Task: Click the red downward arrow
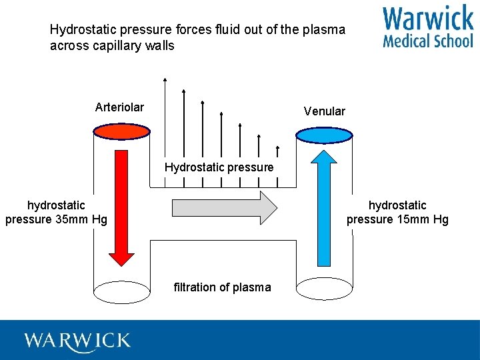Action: pyautogui.click(x=121, y=207)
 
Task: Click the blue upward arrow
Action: pyautogui.click(x=325, y=207)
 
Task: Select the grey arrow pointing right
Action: pyautogui.click(x=224, y=207)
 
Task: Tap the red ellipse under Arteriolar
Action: pyautogui.click(x=121, y=132)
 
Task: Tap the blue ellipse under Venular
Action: pyautogui.click(x=324, y=135)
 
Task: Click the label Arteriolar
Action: pyautogui.click(x=119, y=107)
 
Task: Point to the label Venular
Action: pyautogui.click(x=325, y=111)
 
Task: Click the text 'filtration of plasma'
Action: pyautogui.click(x=222, y=287)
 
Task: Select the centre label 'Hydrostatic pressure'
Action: pyautogui.click(x=219, y=167)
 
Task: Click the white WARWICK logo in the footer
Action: pyautogui.click(x=77, y=341)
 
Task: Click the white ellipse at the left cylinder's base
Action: pyautogui.click(x=121, y=291)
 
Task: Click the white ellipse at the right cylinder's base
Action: pyautogui.click(x=324, y=289)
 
